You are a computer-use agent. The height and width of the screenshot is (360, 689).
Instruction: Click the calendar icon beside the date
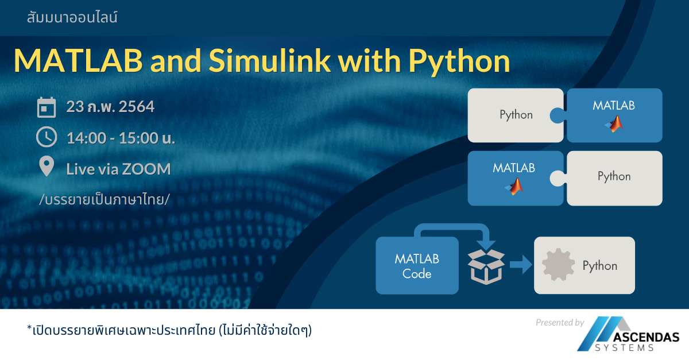(47, 107)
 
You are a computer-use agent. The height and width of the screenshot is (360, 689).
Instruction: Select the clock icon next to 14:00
(47, 137)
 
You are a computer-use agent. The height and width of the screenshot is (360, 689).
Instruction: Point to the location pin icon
(47, 167)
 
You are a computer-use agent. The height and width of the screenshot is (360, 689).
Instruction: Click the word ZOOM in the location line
(146, 169)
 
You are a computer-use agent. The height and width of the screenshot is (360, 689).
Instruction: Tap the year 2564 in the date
(137, 107)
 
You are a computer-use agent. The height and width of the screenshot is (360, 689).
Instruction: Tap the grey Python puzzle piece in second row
(614, 177)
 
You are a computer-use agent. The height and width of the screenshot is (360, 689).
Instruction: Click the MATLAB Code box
(417, 266)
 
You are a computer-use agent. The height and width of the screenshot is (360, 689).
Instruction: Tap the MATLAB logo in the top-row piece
(615, 123)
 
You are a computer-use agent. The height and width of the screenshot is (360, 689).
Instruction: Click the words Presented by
(560, 323)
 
